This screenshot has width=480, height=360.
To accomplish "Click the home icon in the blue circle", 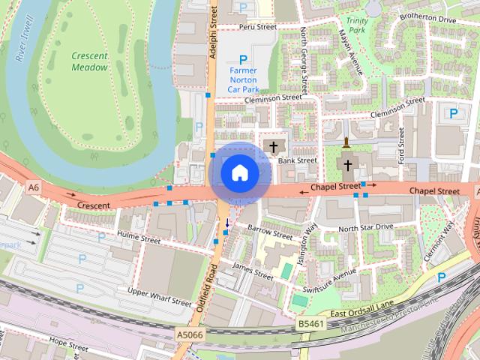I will point(240,173).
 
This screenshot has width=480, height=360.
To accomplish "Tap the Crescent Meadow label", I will point(90,61).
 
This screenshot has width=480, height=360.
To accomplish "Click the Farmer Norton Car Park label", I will point(242,80).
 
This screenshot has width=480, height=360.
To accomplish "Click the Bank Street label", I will point(298,160).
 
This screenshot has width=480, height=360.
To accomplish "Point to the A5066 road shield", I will point(189,334).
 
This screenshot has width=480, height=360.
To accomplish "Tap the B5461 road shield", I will point(309,323).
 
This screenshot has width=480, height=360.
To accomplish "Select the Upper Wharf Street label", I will point(160,296).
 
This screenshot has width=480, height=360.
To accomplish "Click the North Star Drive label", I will point(365,226).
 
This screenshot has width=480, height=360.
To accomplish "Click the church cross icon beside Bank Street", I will point(273,145).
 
